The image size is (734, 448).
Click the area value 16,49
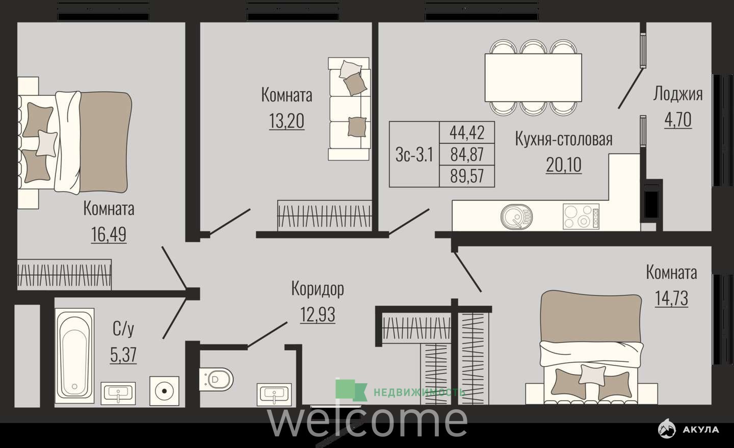[109, 234]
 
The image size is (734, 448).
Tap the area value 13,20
[286, 121]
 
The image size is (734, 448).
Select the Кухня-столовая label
[564, 139]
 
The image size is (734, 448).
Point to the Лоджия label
[677, 94]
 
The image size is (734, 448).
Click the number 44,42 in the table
[467, 133]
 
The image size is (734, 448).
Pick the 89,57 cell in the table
[467, 176]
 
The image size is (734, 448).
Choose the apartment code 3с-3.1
[414, 154]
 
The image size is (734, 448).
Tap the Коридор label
[318, 288]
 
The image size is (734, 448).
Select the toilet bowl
[216, 380]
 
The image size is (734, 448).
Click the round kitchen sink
[516, 216]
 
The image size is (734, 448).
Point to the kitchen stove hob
[581, 216]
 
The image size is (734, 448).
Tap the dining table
[533, 77]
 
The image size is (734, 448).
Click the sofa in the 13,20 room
[349, 109]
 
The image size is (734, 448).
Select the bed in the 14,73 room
[591, 348]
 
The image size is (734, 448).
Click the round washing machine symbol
[165, 391]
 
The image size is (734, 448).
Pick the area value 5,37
[123, 355]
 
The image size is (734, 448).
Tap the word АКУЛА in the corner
[701, 430]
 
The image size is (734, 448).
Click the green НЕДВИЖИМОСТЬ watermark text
[419, 392]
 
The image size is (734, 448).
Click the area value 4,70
[678, 120]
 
